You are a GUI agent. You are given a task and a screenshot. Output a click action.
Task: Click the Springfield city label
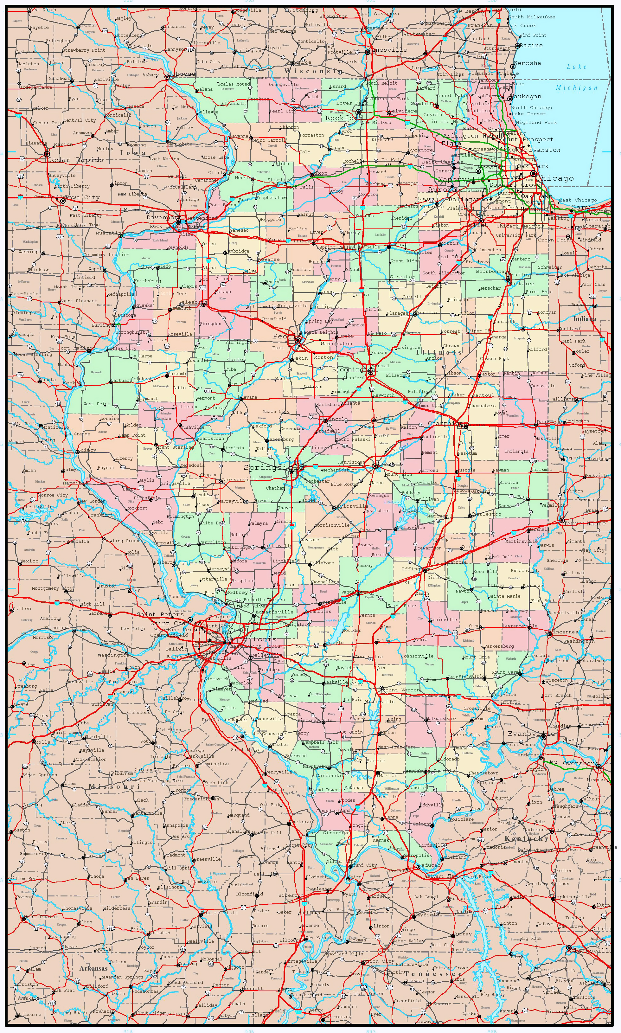pos(268,467)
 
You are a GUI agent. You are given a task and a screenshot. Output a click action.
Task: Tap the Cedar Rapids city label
pos(75,160)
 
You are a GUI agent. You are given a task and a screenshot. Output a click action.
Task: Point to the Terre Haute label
pos(585,523)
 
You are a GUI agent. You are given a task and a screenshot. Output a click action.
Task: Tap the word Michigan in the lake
pos(577,87)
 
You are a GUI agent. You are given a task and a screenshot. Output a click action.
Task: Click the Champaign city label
pos(445,423)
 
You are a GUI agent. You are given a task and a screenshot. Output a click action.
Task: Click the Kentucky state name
pos(527,838)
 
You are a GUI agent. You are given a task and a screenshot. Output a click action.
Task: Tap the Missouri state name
pos(114,786)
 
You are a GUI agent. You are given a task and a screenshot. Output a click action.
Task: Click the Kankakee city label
pos(522,283)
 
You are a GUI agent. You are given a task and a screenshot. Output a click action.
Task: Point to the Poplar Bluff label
pos(220,913)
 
